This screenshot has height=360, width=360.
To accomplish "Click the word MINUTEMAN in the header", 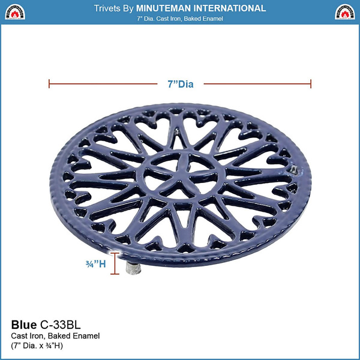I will click(x=167, y=8).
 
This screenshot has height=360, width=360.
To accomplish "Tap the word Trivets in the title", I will click(x=109, y=8).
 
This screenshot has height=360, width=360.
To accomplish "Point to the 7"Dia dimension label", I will click(x=180, y=85).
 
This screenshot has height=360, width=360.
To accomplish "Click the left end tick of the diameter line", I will click(x=49, y=85).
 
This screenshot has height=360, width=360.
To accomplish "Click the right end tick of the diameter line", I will click(x=311, y=85).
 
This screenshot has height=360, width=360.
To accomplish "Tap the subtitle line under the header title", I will click(x=180, y=19).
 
